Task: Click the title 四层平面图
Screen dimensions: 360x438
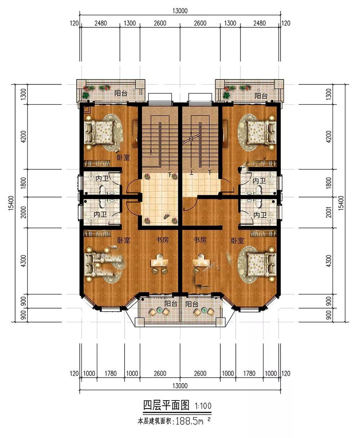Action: (x=166, y=405)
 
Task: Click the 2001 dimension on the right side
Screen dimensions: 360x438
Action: (x=328, y=212)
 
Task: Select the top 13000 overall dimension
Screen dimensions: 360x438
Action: (x=180, y=11)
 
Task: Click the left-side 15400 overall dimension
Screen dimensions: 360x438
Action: (x=11, y=203)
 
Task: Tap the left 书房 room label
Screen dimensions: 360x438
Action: (x=162, y=240)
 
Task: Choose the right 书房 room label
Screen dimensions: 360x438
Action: (x=200, y=240)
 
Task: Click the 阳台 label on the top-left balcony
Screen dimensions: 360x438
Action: (x=121, y=93)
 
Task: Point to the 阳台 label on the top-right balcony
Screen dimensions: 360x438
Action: (x=261, y=96)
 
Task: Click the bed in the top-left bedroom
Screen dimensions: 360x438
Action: (x=99, y=132)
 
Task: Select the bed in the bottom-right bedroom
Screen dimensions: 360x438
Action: (x=261, y=265)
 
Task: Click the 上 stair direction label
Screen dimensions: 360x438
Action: (x=191, y=173)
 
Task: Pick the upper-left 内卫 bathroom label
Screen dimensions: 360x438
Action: (x=102, y=178)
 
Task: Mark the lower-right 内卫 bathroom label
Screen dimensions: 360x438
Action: (x=260, y=215)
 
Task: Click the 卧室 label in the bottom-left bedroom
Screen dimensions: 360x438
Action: (x=124, y=240)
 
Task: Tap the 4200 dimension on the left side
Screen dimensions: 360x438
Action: (x=24, y=136)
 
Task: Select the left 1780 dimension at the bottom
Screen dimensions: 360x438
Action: (x=111, y=374)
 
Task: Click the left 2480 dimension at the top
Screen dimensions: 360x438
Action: (x=101, y=23)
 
